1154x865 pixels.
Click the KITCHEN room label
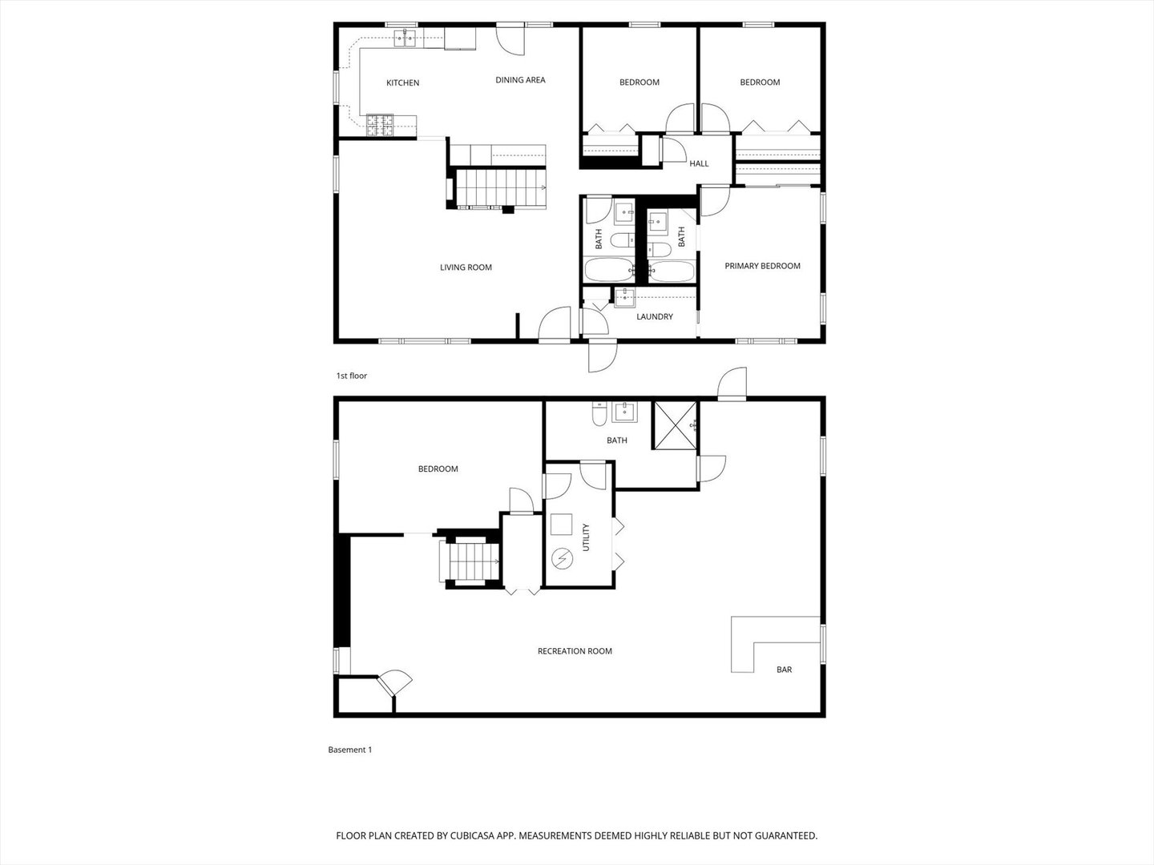click(402, 83)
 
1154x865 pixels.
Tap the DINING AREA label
click(520, 80)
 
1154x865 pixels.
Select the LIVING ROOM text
click(466, 268)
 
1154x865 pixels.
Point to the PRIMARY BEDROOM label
click(762, 266)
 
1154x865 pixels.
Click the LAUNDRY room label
click(655, 317)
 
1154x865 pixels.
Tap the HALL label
click(699, 164)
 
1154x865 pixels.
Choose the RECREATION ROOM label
click(575, 651)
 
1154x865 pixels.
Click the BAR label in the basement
click(784, 670)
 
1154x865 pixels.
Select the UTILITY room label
click(586, 537)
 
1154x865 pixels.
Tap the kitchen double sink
click(406, 37)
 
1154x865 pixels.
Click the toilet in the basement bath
click(599, 415)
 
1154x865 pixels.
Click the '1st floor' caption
click(351, 376)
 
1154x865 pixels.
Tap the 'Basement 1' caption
click(350, 750)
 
